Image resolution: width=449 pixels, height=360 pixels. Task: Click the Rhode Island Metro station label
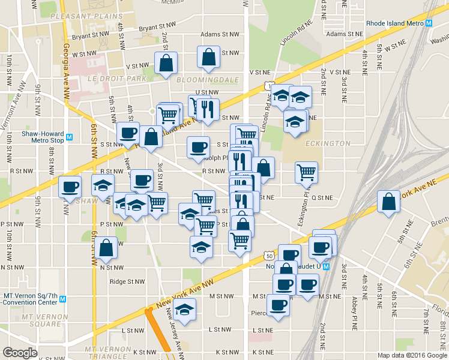394,23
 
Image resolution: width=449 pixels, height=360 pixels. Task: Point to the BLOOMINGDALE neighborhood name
210,80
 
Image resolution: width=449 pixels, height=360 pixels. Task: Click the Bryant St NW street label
157,28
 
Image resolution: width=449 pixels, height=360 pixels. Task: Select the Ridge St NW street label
127,281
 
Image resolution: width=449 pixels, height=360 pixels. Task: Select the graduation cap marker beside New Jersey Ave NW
185,310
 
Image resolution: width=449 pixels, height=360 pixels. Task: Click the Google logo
20,353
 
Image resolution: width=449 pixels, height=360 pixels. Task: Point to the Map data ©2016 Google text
411,355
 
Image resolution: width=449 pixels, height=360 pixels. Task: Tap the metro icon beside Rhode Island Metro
429,23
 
